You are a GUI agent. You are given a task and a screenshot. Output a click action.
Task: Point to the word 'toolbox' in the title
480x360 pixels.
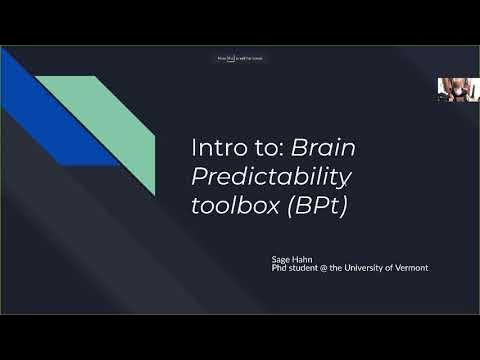[x=227, y=210]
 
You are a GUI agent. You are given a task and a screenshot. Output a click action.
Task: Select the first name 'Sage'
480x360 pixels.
[x=282, y=258]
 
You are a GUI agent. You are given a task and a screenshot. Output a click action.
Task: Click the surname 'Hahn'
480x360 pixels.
[x=304, y=258]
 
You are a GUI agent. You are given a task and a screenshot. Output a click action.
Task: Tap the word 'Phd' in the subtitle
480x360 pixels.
[x=280, y=267]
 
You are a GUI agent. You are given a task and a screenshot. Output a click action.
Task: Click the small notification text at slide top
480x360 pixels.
[x=240, y=58]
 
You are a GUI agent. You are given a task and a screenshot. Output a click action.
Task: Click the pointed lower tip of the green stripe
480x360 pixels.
[x=152, y=192]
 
